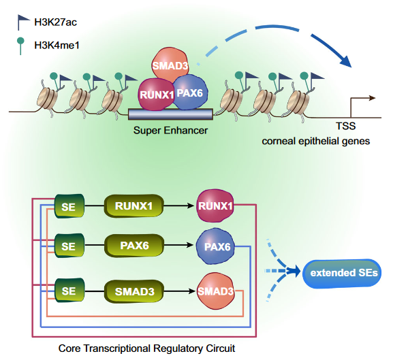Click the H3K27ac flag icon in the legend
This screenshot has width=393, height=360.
[x=22, y=21]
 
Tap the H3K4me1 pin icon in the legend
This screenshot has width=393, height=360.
[x=20, y=46]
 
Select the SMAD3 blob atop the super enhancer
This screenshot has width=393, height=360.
[x=170, y=65]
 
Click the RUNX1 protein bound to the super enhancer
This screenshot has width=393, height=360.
[x=157, y=94]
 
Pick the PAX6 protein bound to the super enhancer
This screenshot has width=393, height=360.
[x=190, y=93]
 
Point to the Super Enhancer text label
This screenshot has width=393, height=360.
[x=170, y=131]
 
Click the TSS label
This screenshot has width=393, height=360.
[x=346, y=126]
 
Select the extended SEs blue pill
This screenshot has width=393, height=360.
[x=342, y=273]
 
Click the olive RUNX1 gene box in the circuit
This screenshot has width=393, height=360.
[x=134, y=206]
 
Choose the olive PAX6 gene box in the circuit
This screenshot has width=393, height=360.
[x=134, y=246]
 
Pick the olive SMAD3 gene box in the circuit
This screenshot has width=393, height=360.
[x=134, y=291]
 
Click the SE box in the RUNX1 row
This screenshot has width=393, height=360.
[x=69, y=206]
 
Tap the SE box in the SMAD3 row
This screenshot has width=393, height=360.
[x=69, y=291]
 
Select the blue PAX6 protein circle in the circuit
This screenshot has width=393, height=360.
[x=215, y=246]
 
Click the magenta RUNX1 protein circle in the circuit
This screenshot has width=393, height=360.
[x=215, y=206]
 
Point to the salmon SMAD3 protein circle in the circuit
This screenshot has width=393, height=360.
[x=215, y=291]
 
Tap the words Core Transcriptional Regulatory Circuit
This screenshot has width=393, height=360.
[x=146, y=348]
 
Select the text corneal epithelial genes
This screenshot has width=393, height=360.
[x=316, y=141]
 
